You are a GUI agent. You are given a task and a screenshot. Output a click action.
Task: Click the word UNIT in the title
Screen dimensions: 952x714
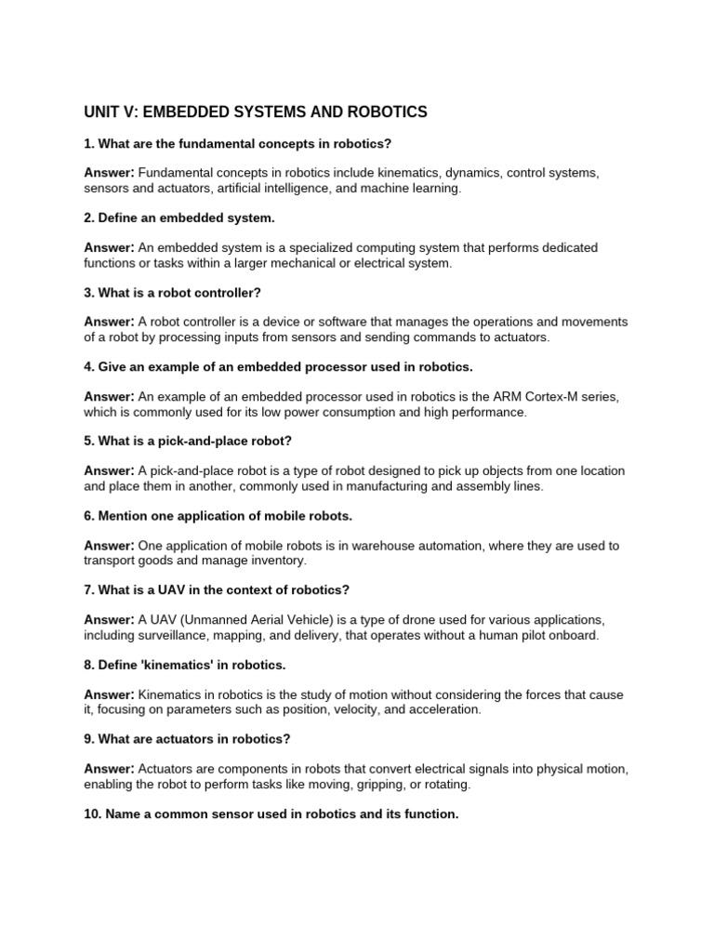[103, 112]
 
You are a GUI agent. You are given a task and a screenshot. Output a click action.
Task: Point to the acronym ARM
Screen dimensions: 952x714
[497, 396]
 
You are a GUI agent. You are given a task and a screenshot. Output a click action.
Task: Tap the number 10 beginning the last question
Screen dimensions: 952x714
[92, 813]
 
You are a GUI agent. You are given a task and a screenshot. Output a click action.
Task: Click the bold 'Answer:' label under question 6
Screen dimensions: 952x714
[110, 545]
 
